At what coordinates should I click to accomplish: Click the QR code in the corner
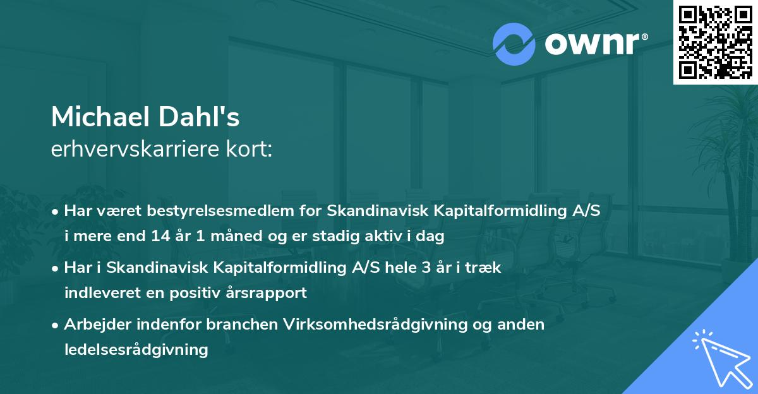pos(715,42)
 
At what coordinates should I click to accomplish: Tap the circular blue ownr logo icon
pos(514,44)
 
